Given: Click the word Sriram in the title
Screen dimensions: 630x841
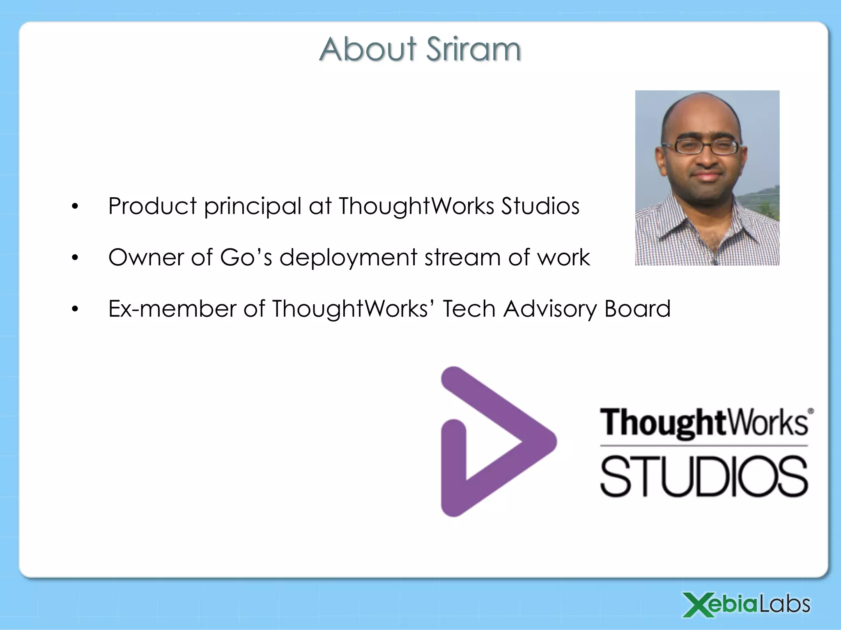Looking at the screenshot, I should pos(473,49).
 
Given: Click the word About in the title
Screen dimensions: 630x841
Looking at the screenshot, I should pos(368,49).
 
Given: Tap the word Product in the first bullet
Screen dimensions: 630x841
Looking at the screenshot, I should pos(152,206).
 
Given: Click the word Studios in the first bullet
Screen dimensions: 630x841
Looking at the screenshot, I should pos(540,206).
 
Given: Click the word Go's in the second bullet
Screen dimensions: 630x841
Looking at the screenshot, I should pos(246,258).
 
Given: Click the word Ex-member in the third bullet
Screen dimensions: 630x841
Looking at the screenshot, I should pos(172,309).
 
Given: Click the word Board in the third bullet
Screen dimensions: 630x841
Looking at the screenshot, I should pos(637,309).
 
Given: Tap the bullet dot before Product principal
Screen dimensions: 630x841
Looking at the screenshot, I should pos(74,207).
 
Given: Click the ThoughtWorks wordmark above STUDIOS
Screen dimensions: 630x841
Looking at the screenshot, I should pos(704,422).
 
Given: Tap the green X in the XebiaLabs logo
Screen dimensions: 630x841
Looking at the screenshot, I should pos(699,605).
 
